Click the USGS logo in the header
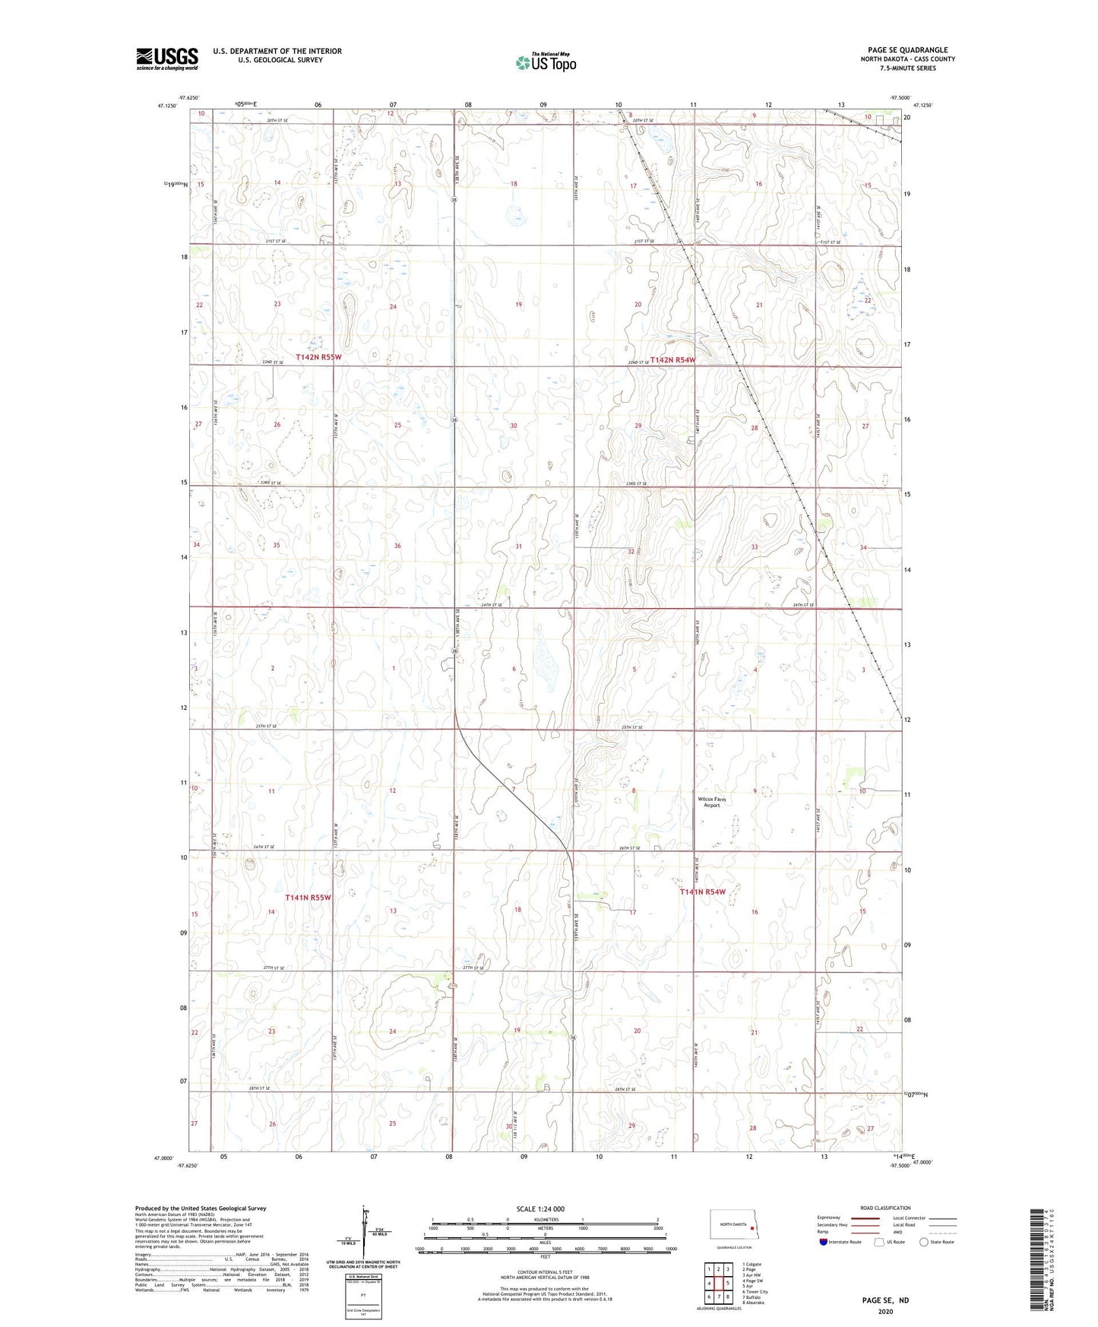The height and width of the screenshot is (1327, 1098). (167, 59)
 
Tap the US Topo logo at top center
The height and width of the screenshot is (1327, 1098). (545, 62)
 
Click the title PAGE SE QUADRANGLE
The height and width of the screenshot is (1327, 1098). (907, 50)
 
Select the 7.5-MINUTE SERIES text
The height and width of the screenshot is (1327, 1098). (907, 68)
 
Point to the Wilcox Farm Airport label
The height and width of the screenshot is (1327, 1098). (711, 802)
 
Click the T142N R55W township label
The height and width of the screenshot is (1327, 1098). (319, 356)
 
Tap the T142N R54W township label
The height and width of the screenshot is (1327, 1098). (672, 360)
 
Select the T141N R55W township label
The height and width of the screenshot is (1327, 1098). (309, 898)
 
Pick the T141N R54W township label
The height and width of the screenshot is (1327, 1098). (702, 892)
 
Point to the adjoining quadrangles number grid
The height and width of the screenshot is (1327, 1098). (718, 1284)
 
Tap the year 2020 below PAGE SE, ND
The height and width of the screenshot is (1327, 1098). (884, 1311)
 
